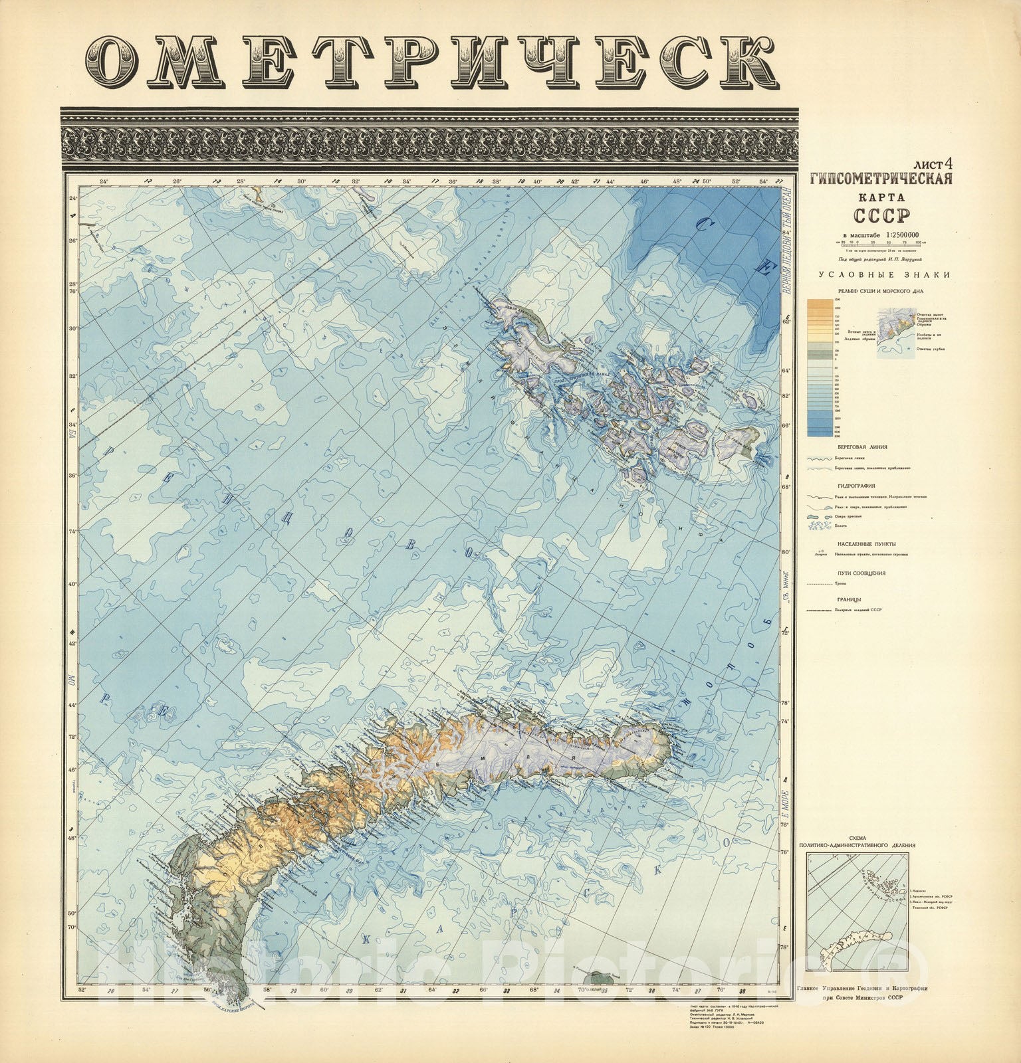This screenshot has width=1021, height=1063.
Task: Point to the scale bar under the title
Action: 881,242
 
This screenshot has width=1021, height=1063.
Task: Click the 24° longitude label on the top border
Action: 103,181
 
